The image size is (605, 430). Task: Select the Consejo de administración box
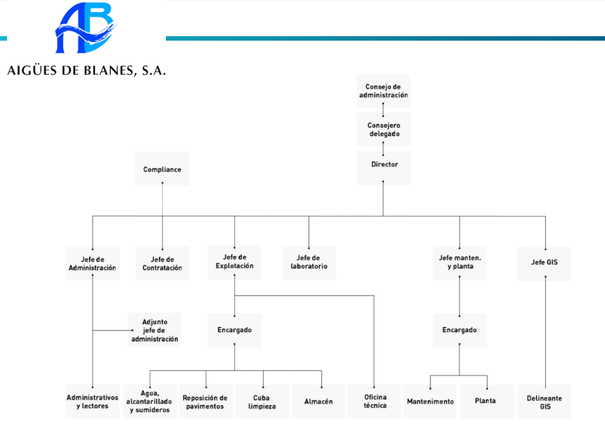(383, 90)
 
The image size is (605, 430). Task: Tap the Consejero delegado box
(383, 130)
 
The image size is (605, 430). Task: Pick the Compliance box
(162, 170)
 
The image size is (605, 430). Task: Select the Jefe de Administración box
(93, 263)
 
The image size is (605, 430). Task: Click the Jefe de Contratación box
(162, 263)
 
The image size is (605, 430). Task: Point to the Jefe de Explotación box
(235, 262)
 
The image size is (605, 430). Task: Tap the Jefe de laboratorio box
(309, 263)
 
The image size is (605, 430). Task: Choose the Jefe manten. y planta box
(459, 262)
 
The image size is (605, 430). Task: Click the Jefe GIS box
(545, 262)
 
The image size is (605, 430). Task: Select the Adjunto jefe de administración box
(155, 330)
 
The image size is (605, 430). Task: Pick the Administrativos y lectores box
(93, 401)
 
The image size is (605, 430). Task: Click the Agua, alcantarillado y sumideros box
(150, 401)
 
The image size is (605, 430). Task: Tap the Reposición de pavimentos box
(205, 401)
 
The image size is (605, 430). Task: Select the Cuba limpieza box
(261, 401)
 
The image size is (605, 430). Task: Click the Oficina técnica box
(374, 401)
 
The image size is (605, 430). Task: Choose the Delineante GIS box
(545, 401)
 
